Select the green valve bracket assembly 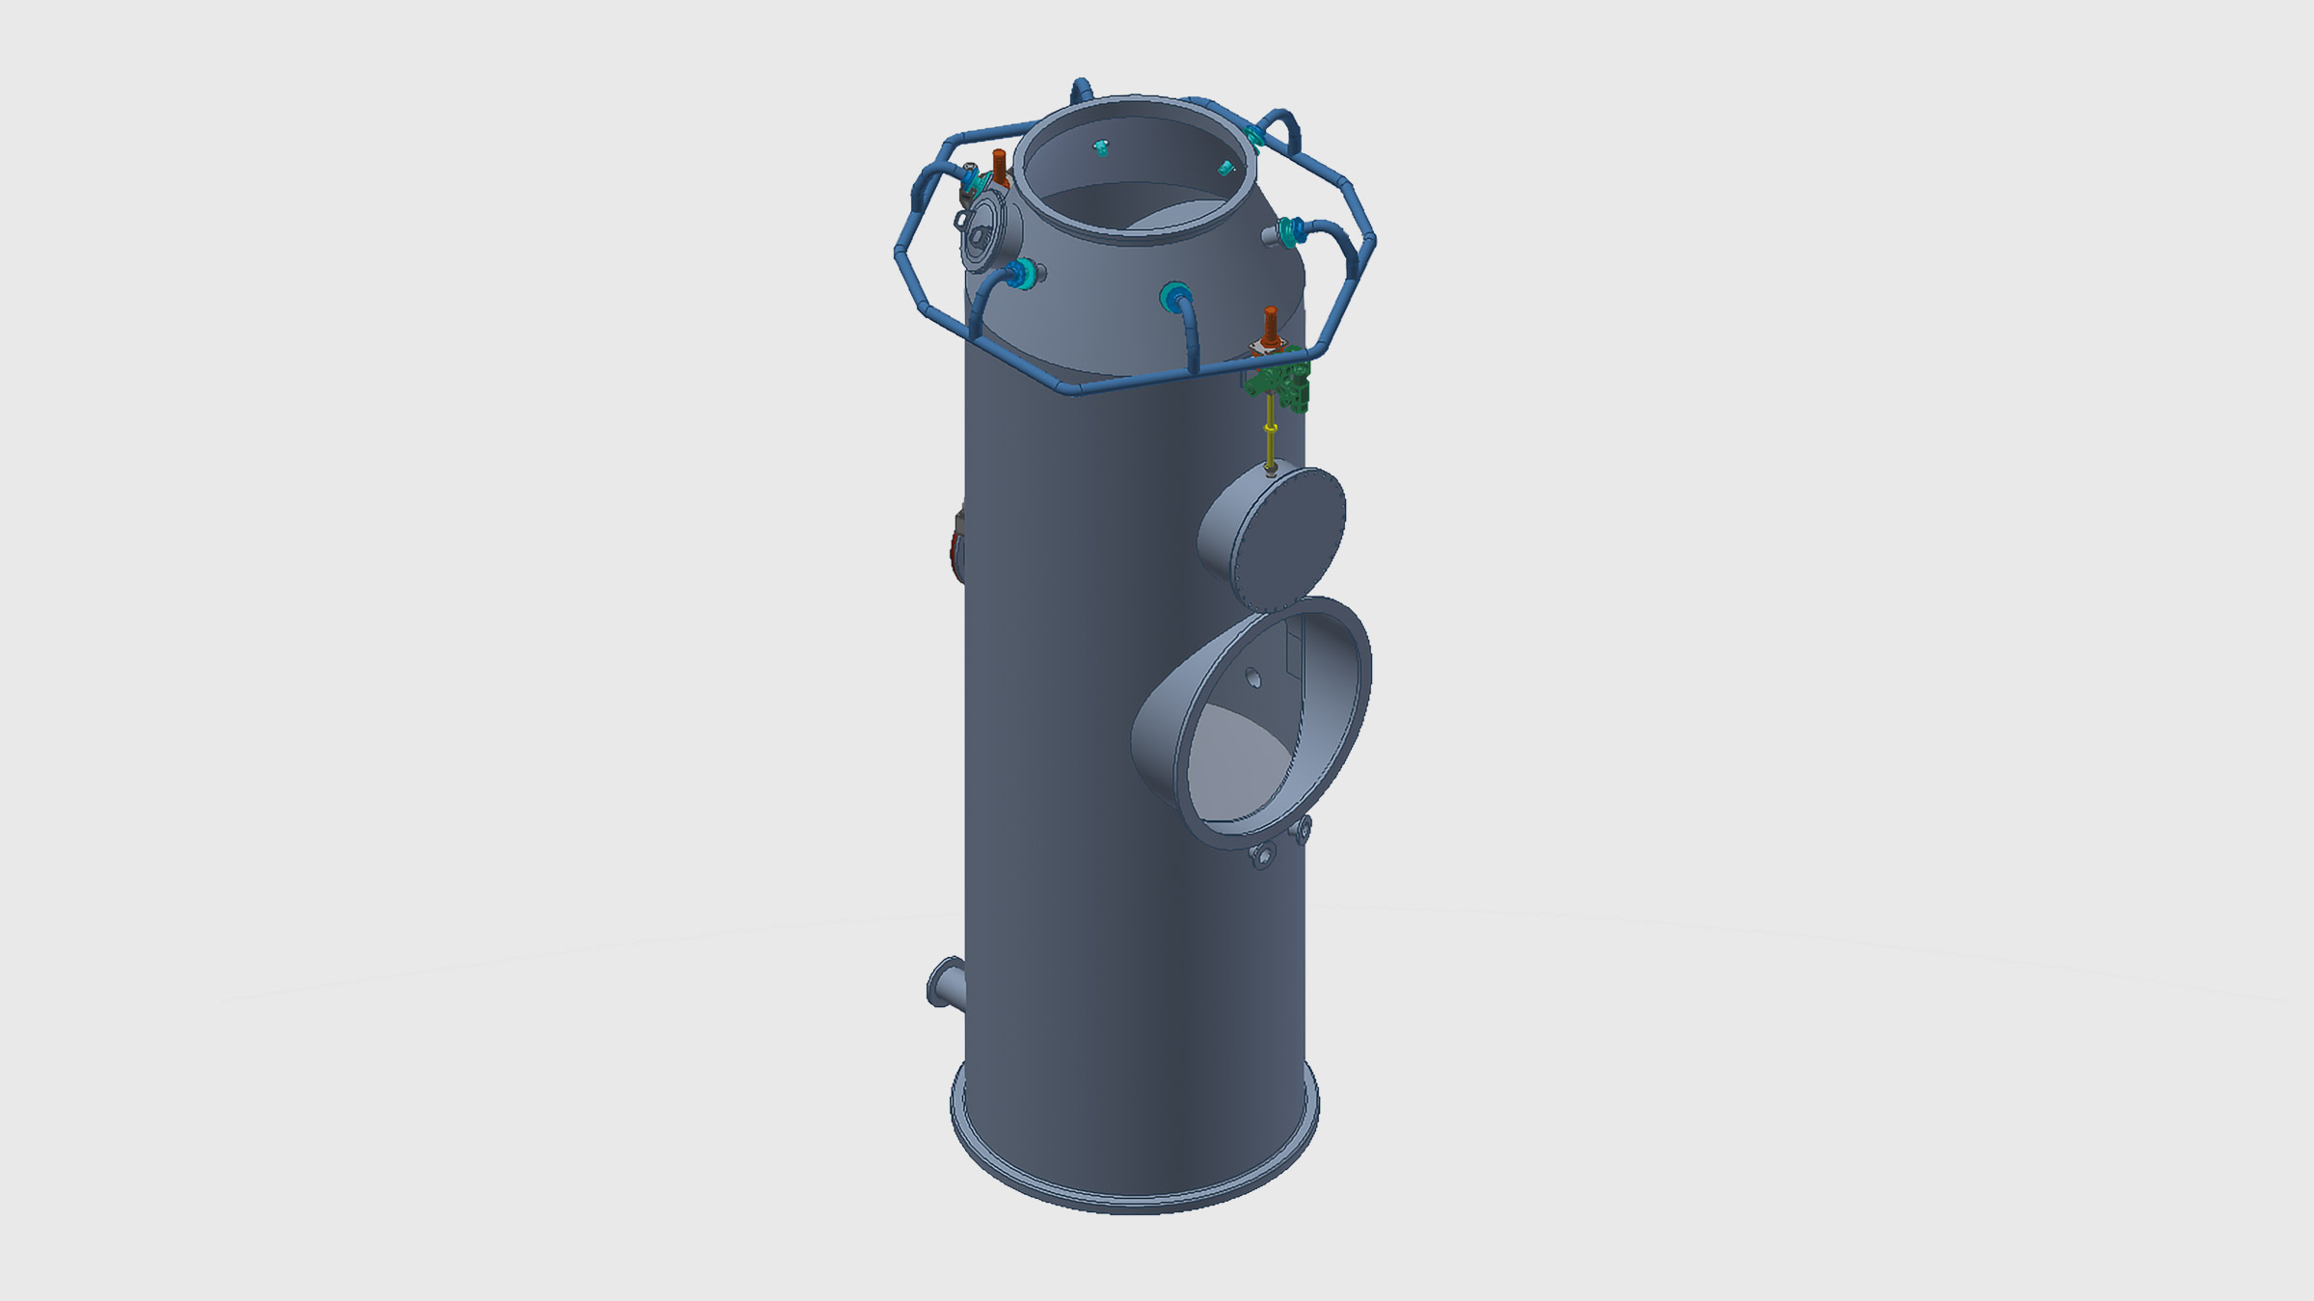pyautogui.click(x=1282, y=381)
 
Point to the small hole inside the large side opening pyautogui.click(x=1252, y=678)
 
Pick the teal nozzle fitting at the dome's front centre pyautogui.click(x=1175, y=296)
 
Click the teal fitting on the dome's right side pyautogui.click(x=1291, y=231)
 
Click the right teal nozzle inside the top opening pyautogui.click(x=1225, y=169)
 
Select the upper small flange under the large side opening pyautogui.click(x=1303, y=828)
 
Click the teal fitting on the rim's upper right pyautogui.click(x=1253, y=136)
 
